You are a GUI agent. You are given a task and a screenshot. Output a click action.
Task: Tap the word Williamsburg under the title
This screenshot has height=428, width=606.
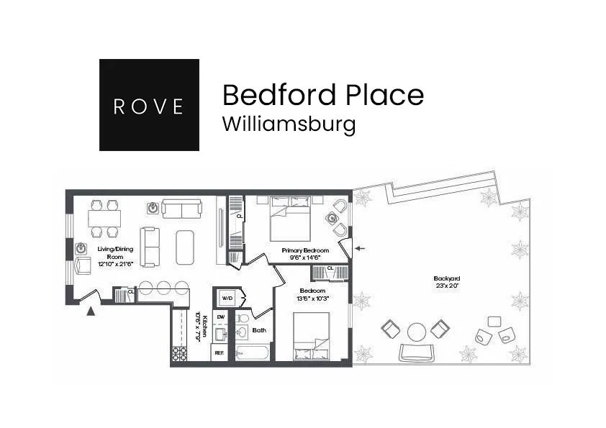pos(289,124)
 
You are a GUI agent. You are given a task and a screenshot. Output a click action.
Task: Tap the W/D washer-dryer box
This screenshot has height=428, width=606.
pos(227,297)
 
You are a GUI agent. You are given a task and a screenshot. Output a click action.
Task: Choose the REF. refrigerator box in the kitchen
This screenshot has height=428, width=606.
pos(220,353)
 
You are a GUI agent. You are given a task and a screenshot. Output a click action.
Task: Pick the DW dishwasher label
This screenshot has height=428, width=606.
pos(220,317)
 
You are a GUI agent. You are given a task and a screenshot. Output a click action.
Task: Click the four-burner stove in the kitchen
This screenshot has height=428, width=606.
pos(179,353)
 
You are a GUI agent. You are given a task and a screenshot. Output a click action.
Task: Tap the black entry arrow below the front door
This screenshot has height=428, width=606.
pos(90,311)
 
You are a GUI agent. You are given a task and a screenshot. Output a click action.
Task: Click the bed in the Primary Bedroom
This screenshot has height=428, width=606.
pos(291,221)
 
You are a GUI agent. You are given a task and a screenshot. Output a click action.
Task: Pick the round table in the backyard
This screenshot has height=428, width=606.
pos(417,332)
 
